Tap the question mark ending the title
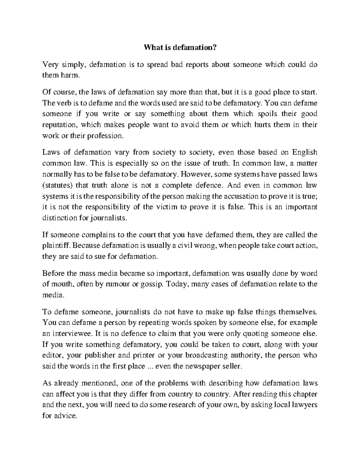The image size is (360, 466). point(214,47)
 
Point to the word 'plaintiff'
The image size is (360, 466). point(56,246)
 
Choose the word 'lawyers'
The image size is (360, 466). point(304,405)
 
